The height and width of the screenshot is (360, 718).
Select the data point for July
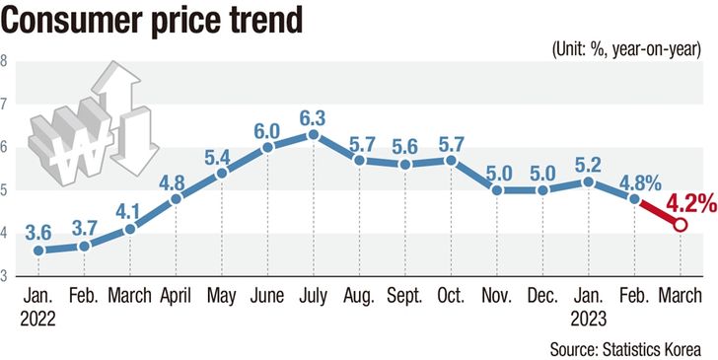tap(314, 134)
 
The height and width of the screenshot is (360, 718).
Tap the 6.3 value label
tap(313, 118)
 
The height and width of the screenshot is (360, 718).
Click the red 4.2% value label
tap(691, 204)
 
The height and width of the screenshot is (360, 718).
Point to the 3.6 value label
tap(38, 234)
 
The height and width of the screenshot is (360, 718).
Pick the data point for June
tap(267, 147)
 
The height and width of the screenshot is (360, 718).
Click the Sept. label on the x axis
tap(404, 296)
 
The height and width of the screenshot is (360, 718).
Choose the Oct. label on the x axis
tap(451, 296)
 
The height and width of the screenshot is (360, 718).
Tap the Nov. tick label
tap(496, 296)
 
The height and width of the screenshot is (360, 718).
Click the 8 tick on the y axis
tap(4, 61)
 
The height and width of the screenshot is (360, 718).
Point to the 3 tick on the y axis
tap(4, 276)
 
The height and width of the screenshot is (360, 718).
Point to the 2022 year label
tap(38, 319)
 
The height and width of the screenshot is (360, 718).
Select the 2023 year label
tap(589, 319)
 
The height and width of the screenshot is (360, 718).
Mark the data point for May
tap(222, 174)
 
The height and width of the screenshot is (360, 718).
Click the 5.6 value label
tap(404, 148)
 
